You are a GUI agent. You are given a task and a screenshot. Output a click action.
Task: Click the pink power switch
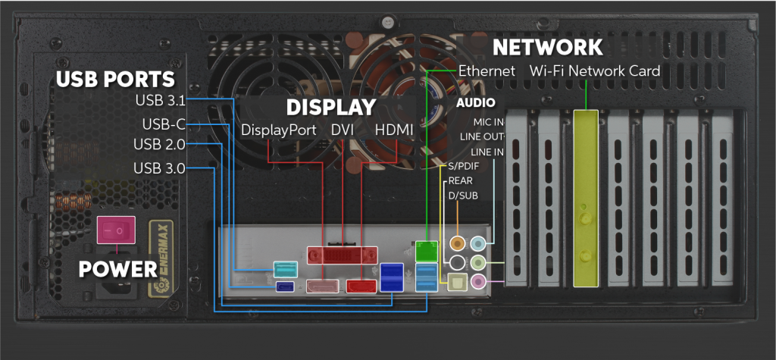(x=116, y=227)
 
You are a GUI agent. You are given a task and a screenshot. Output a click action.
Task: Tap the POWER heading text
(x=117, y=268)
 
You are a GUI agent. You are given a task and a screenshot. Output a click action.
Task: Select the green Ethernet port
(x=426, y=249)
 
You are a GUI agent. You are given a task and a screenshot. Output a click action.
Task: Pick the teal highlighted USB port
(x=285, y=269)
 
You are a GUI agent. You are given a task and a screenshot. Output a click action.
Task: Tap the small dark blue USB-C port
(x=285, y=286)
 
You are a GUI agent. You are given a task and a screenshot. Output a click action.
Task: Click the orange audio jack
(x=458, y=243)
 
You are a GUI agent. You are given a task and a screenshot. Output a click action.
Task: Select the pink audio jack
(x=477, y=281)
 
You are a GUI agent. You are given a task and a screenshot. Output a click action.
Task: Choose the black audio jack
(x=458, y=262)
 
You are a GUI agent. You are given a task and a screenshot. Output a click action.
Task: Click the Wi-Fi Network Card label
(x=595, y=70)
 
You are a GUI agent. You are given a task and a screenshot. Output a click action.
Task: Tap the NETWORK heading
(x=547, y=47)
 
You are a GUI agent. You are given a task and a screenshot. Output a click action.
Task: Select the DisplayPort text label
(x=278, y=130)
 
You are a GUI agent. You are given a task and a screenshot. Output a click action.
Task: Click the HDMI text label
(x=394, y=130)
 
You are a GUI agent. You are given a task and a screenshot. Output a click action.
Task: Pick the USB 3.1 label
(x=160, y=99)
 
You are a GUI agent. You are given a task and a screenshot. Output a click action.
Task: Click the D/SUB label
(x=463, y=196)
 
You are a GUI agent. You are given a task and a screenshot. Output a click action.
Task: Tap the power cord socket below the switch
(x=117, y=296)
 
